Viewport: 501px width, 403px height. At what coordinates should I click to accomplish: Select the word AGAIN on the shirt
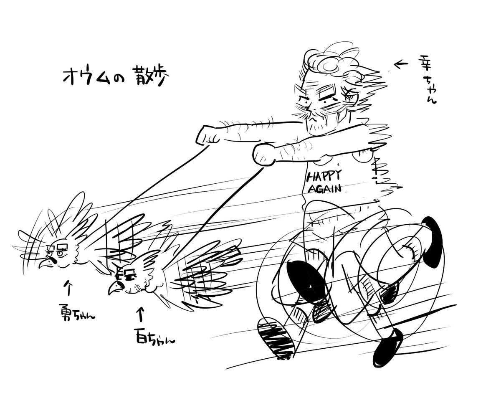tap(324, 188)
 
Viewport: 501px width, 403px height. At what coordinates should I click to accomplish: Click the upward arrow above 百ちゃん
tap(141, 314)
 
